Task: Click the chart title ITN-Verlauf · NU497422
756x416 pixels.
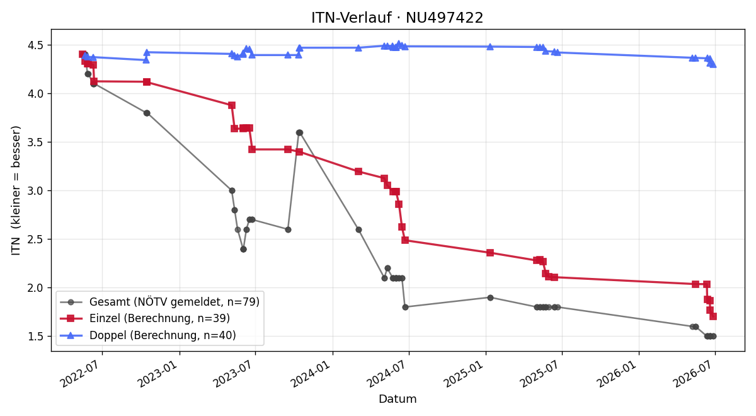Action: [398, 18]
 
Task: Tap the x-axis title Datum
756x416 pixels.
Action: [398, 399]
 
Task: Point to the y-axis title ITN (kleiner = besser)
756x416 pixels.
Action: [16, 190]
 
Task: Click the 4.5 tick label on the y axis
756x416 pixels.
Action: [35, 45]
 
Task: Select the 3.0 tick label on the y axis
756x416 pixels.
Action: [35, 191]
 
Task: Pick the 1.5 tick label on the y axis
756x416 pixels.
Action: [35, 337]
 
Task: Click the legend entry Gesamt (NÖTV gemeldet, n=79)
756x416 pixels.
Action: [159, 302]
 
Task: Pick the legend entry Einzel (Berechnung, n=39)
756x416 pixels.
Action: [145, 318]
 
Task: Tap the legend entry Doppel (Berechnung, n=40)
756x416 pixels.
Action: [148, 335]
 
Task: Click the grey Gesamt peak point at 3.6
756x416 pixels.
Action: [299, 133]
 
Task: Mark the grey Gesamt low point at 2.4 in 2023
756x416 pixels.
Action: [243, 249]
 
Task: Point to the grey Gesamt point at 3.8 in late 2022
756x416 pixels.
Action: [147, 113]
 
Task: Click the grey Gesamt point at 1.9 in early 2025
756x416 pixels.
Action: [490, 298]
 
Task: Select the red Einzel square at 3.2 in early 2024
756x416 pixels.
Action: [358, 171]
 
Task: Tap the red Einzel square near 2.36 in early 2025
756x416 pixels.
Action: [490, 253]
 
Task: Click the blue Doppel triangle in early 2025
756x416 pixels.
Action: [490, 47]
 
